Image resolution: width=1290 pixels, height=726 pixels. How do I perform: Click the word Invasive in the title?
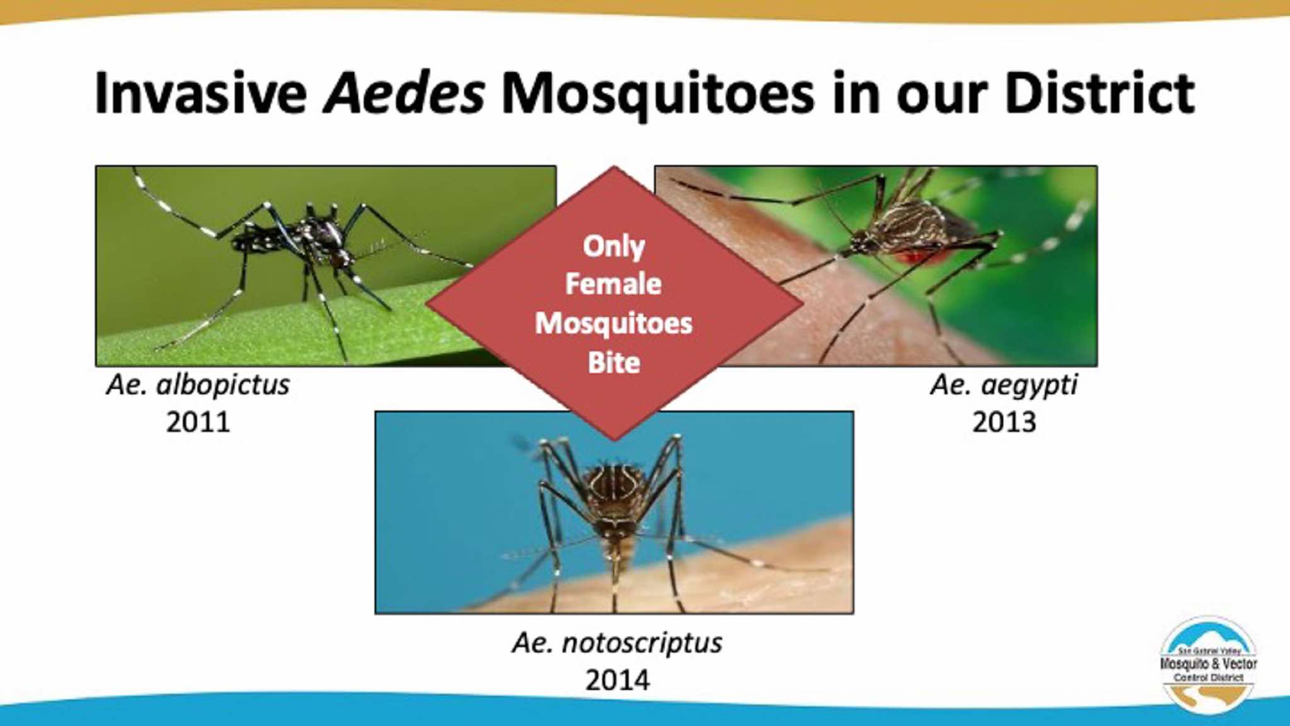point(201,93)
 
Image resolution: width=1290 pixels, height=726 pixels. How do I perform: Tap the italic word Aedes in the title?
point(404,93)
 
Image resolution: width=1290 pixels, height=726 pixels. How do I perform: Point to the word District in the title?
point(1099,93)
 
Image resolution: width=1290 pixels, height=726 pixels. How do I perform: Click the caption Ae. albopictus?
point(198,385)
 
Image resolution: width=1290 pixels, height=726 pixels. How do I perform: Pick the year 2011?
point(198,422)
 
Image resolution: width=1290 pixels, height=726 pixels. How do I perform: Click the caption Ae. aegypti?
point(1004,385)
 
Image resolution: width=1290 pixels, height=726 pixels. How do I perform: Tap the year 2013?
point(1004,422)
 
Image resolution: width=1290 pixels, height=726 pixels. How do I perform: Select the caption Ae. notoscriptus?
point(617,643)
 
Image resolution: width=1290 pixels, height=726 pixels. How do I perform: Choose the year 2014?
point(617,680)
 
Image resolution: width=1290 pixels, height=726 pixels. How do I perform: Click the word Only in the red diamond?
point(614,246)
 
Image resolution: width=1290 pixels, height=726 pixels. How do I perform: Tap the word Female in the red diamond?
point(614,284)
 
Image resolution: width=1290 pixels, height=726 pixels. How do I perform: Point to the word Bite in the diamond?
point(614,363)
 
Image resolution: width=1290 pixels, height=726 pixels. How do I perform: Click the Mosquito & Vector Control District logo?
point(1209,664)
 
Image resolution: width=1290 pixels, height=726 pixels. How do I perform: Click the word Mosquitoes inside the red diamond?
point(614,324)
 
